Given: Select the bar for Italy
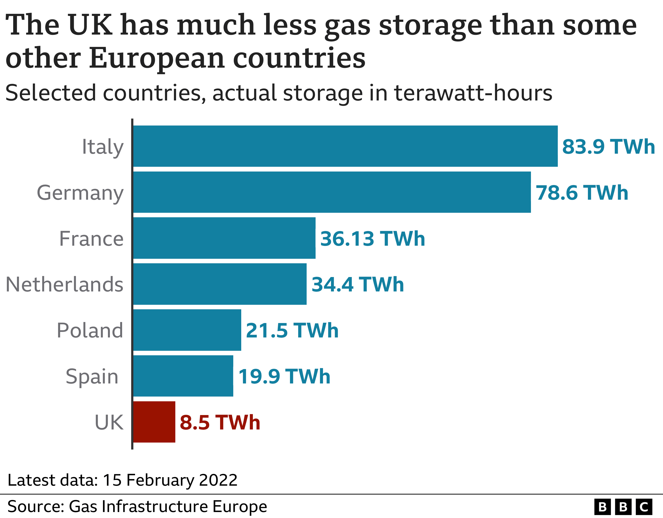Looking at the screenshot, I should [x=345, y=146].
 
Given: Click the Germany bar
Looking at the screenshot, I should [x=332, y=192].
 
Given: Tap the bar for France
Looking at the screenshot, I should [x=224, y=238].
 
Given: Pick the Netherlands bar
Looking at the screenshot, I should [x=220, y=284].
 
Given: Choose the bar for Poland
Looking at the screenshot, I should [x=187, y=330].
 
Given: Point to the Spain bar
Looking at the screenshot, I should [x=183, y=376].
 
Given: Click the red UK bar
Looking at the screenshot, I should [x=154, y=422].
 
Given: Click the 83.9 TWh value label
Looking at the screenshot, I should [x=608, y=147].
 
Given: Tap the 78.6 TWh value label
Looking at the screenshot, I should [x=582, y=193].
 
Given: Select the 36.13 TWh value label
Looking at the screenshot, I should [x=373, y=239].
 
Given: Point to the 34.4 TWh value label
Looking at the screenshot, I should [x=358, y=284].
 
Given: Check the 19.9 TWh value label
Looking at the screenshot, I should [x=284, y=377].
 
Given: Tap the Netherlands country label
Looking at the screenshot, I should [x=64, y=284].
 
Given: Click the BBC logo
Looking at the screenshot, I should [x=623, y=507].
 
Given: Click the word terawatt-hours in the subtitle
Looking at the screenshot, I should [x=473, y=93].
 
